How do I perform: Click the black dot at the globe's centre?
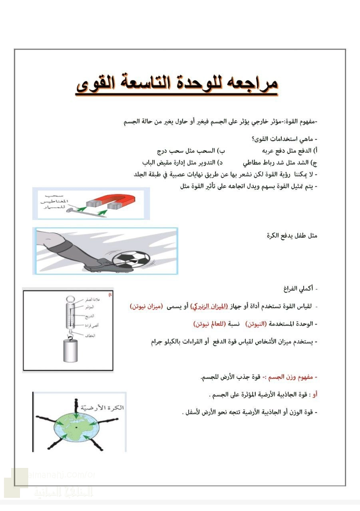76,428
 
